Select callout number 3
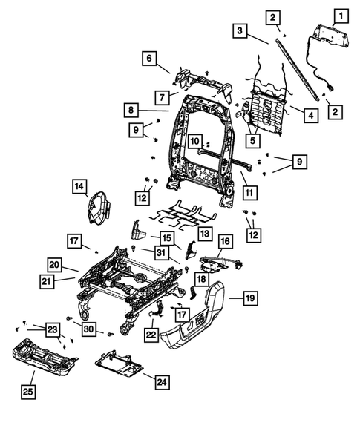tap(239, 31)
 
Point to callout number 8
tap(131, 110)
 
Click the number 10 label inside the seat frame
tap(194, 140)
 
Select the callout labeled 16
tap(224, 241)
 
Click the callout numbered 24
tap(161, 382)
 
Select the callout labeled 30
tap(88, 328)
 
